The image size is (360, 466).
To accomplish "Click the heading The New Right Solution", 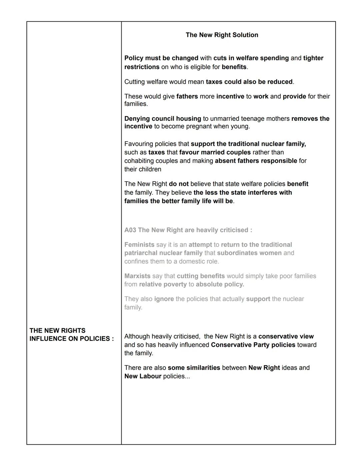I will (222, 35).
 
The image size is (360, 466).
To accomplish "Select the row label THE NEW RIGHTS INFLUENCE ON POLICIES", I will (71, 335).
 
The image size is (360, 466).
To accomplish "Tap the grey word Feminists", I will (139, 245).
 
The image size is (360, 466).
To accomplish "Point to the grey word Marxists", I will (137, 276).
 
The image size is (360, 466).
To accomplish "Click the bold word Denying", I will (137, 119).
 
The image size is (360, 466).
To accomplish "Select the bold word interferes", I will (259, 193).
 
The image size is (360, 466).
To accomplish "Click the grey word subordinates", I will (237, 253).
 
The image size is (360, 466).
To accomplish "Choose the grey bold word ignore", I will (164, 299).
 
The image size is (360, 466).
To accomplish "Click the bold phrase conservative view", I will (286, 337).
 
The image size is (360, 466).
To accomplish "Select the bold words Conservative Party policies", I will (253, 345).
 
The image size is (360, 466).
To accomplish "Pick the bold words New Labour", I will (143, 376).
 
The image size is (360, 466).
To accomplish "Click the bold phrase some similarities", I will (194, 368).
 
